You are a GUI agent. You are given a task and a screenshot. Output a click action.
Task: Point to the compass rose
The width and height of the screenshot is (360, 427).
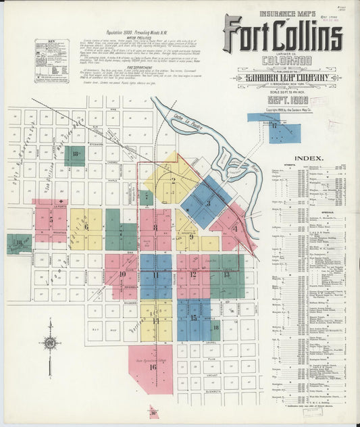(50, 343)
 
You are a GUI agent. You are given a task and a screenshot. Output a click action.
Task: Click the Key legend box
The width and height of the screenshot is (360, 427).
(51, 61)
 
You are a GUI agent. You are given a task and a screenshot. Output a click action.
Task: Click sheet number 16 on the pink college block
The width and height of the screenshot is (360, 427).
(153, 367)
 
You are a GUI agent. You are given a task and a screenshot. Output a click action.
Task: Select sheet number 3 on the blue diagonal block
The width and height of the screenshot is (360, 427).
(208, 202)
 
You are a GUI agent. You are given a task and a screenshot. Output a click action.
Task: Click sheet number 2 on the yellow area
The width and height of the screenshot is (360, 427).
(173, 180)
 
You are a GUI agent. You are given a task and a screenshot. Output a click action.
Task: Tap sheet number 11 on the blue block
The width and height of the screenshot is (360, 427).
(156, 275)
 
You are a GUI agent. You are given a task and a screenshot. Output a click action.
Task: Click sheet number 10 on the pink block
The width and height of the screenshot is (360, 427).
(122, 274)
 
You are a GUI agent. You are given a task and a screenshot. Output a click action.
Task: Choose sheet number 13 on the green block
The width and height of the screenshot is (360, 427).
(226, 274)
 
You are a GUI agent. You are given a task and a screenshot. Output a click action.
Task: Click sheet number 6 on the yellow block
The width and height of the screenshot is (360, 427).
(86, 226)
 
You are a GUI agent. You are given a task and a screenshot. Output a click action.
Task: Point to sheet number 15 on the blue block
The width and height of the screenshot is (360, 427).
(194, 317)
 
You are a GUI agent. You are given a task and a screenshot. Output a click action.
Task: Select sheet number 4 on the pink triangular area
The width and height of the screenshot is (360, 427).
(234, 228)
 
